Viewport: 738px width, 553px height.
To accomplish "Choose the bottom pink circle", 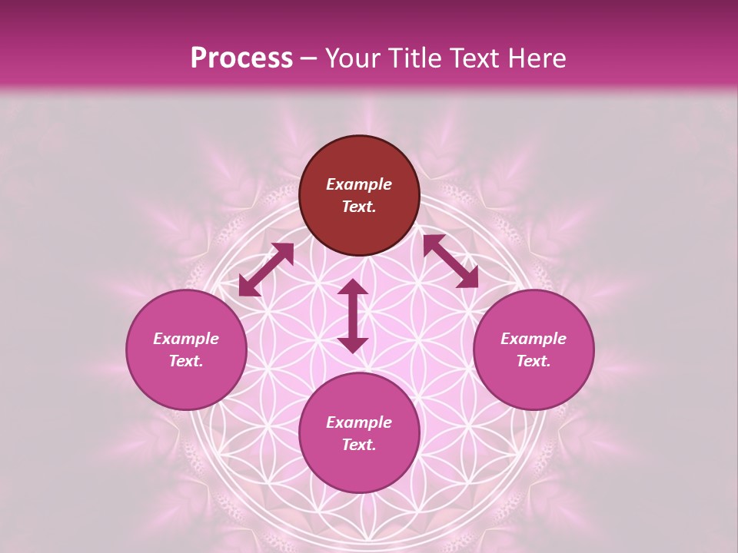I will [359, 469].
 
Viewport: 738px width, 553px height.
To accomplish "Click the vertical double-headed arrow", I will [353, 316].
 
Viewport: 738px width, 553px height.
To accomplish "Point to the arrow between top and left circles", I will [266, 270].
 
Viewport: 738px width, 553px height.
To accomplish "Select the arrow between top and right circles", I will [450, 261].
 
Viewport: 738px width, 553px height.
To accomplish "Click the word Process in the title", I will [241, 58].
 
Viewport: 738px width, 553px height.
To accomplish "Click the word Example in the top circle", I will [359, 184].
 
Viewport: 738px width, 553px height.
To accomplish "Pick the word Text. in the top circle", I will [359, 207].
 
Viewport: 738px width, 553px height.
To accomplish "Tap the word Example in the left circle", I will [186, 339].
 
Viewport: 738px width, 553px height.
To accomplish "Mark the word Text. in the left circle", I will [186, 361].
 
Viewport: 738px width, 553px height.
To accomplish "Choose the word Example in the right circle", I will [534, 339].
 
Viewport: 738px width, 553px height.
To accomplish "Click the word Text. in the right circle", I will [534, 361].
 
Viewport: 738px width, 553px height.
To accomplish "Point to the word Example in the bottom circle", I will [359, 422].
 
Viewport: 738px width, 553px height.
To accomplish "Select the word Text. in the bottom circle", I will [359, 445].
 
